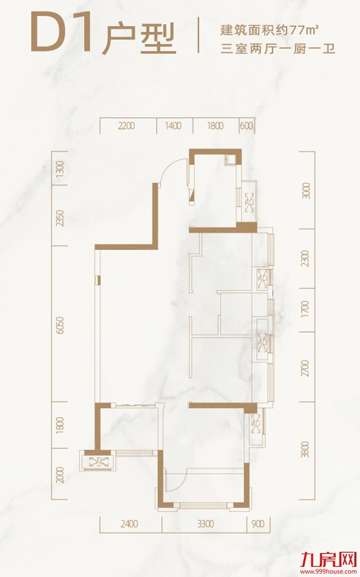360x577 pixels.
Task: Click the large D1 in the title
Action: tap(61, 32)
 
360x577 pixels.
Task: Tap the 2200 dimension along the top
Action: tap(127, 126)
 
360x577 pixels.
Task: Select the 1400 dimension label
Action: tap(173, 126)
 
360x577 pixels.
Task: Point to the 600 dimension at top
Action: tap(247, 126)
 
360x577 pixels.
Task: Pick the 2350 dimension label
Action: tap(60, 218)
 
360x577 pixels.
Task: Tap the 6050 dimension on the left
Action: tap(60, 325)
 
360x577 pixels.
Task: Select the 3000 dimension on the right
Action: tap(306, 191)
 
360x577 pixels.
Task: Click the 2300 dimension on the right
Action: tap(306, 258)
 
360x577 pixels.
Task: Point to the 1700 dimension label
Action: tap(306, 310)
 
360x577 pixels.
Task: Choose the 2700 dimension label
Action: tap(306, 368)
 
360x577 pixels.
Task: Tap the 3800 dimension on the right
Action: tap(306, 449)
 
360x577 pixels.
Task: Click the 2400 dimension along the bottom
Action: tap(130, 523)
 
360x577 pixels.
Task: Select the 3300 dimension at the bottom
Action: tap(205, 523)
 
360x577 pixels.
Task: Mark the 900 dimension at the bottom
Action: tap(258, 523)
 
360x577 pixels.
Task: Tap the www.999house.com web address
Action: tap(329, 571)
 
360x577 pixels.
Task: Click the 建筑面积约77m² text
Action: tap(269, 30)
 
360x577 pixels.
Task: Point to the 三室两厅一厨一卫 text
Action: tap(278, 48)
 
